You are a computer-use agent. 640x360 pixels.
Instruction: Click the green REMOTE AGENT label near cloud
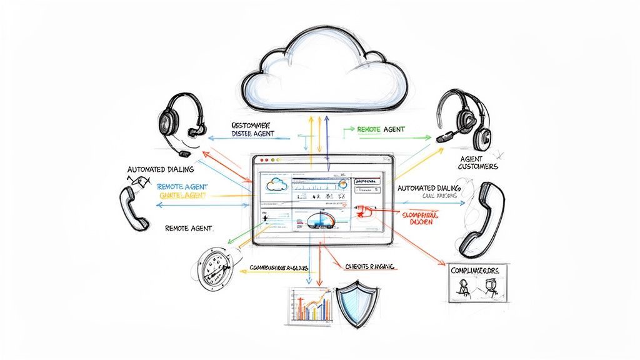381,129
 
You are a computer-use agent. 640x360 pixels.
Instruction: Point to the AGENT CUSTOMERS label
477,163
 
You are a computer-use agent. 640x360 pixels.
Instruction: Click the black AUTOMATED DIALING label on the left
161,169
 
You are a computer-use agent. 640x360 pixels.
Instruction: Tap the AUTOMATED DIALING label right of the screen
429,187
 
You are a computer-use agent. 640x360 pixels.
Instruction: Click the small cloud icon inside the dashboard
276,184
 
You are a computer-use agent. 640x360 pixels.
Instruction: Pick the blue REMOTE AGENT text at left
182,187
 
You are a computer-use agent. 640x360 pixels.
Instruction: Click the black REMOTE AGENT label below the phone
189,229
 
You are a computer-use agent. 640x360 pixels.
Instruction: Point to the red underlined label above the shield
370,266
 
